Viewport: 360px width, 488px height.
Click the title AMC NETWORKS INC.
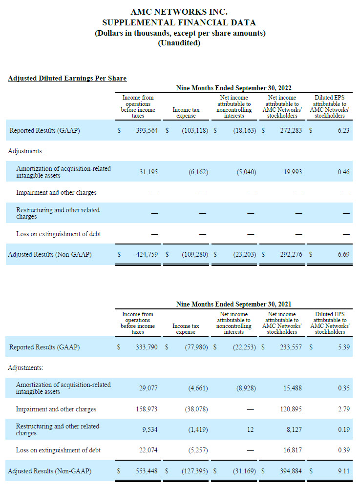[179, 12]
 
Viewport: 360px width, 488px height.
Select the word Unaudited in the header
[179, 43]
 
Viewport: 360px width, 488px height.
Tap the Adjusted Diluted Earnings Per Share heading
[67, 78]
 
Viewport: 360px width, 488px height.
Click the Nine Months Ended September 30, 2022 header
[233, 88]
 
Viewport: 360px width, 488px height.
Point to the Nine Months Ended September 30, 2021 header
[233, 304]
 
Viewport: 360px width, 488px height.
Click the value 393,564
[147, 130]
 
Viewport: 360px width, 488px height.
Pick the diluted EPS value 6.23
[343, 130]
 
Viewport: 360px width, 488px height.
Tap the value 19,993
[293, 172]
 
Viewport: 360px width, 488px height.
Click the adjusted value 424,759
[147, 254]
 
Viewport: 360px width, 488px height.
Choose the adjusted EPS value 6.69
[343, 254]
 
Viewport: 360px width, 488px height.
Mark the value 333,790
[147, 346]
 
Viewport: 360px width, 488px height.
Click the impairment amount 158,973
[147, 409]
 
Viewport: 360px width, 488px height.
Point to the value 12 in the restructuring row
[251, 429]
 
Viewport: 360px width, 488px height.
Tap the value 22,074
[148, 450]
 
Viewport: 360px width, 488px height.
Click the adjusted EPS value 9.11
[344, 471]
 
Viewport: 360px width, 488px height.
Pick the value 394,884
[291, 471]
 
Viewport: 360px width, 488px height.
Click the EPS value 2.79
[344, 409]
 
